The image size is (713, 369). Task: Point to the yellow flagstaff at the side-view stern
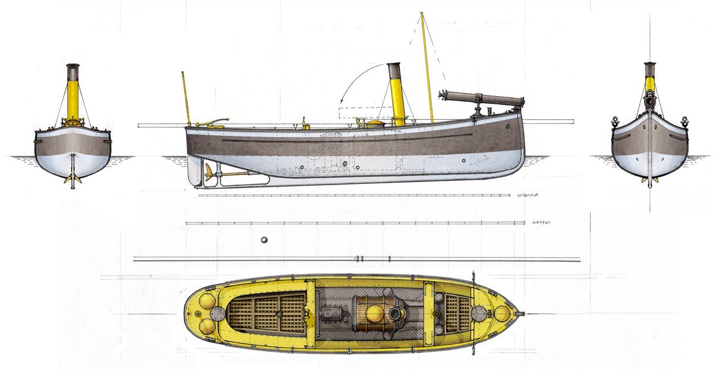tap(186, 98)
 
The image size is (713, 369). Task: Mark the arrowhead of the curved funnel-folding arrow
tap(342, 102)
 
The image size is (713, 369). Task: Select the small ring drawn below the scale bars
tap(264, 240)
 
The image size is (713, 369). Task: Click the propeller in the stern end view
tap(72, 178)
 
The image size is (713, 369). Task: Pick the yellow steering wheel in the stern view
tap(72, 123)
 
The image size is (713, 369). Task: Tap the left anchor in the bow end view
tap(616, 122)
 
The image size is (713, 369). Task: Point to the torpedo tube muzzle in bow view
tap(650, 102)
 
